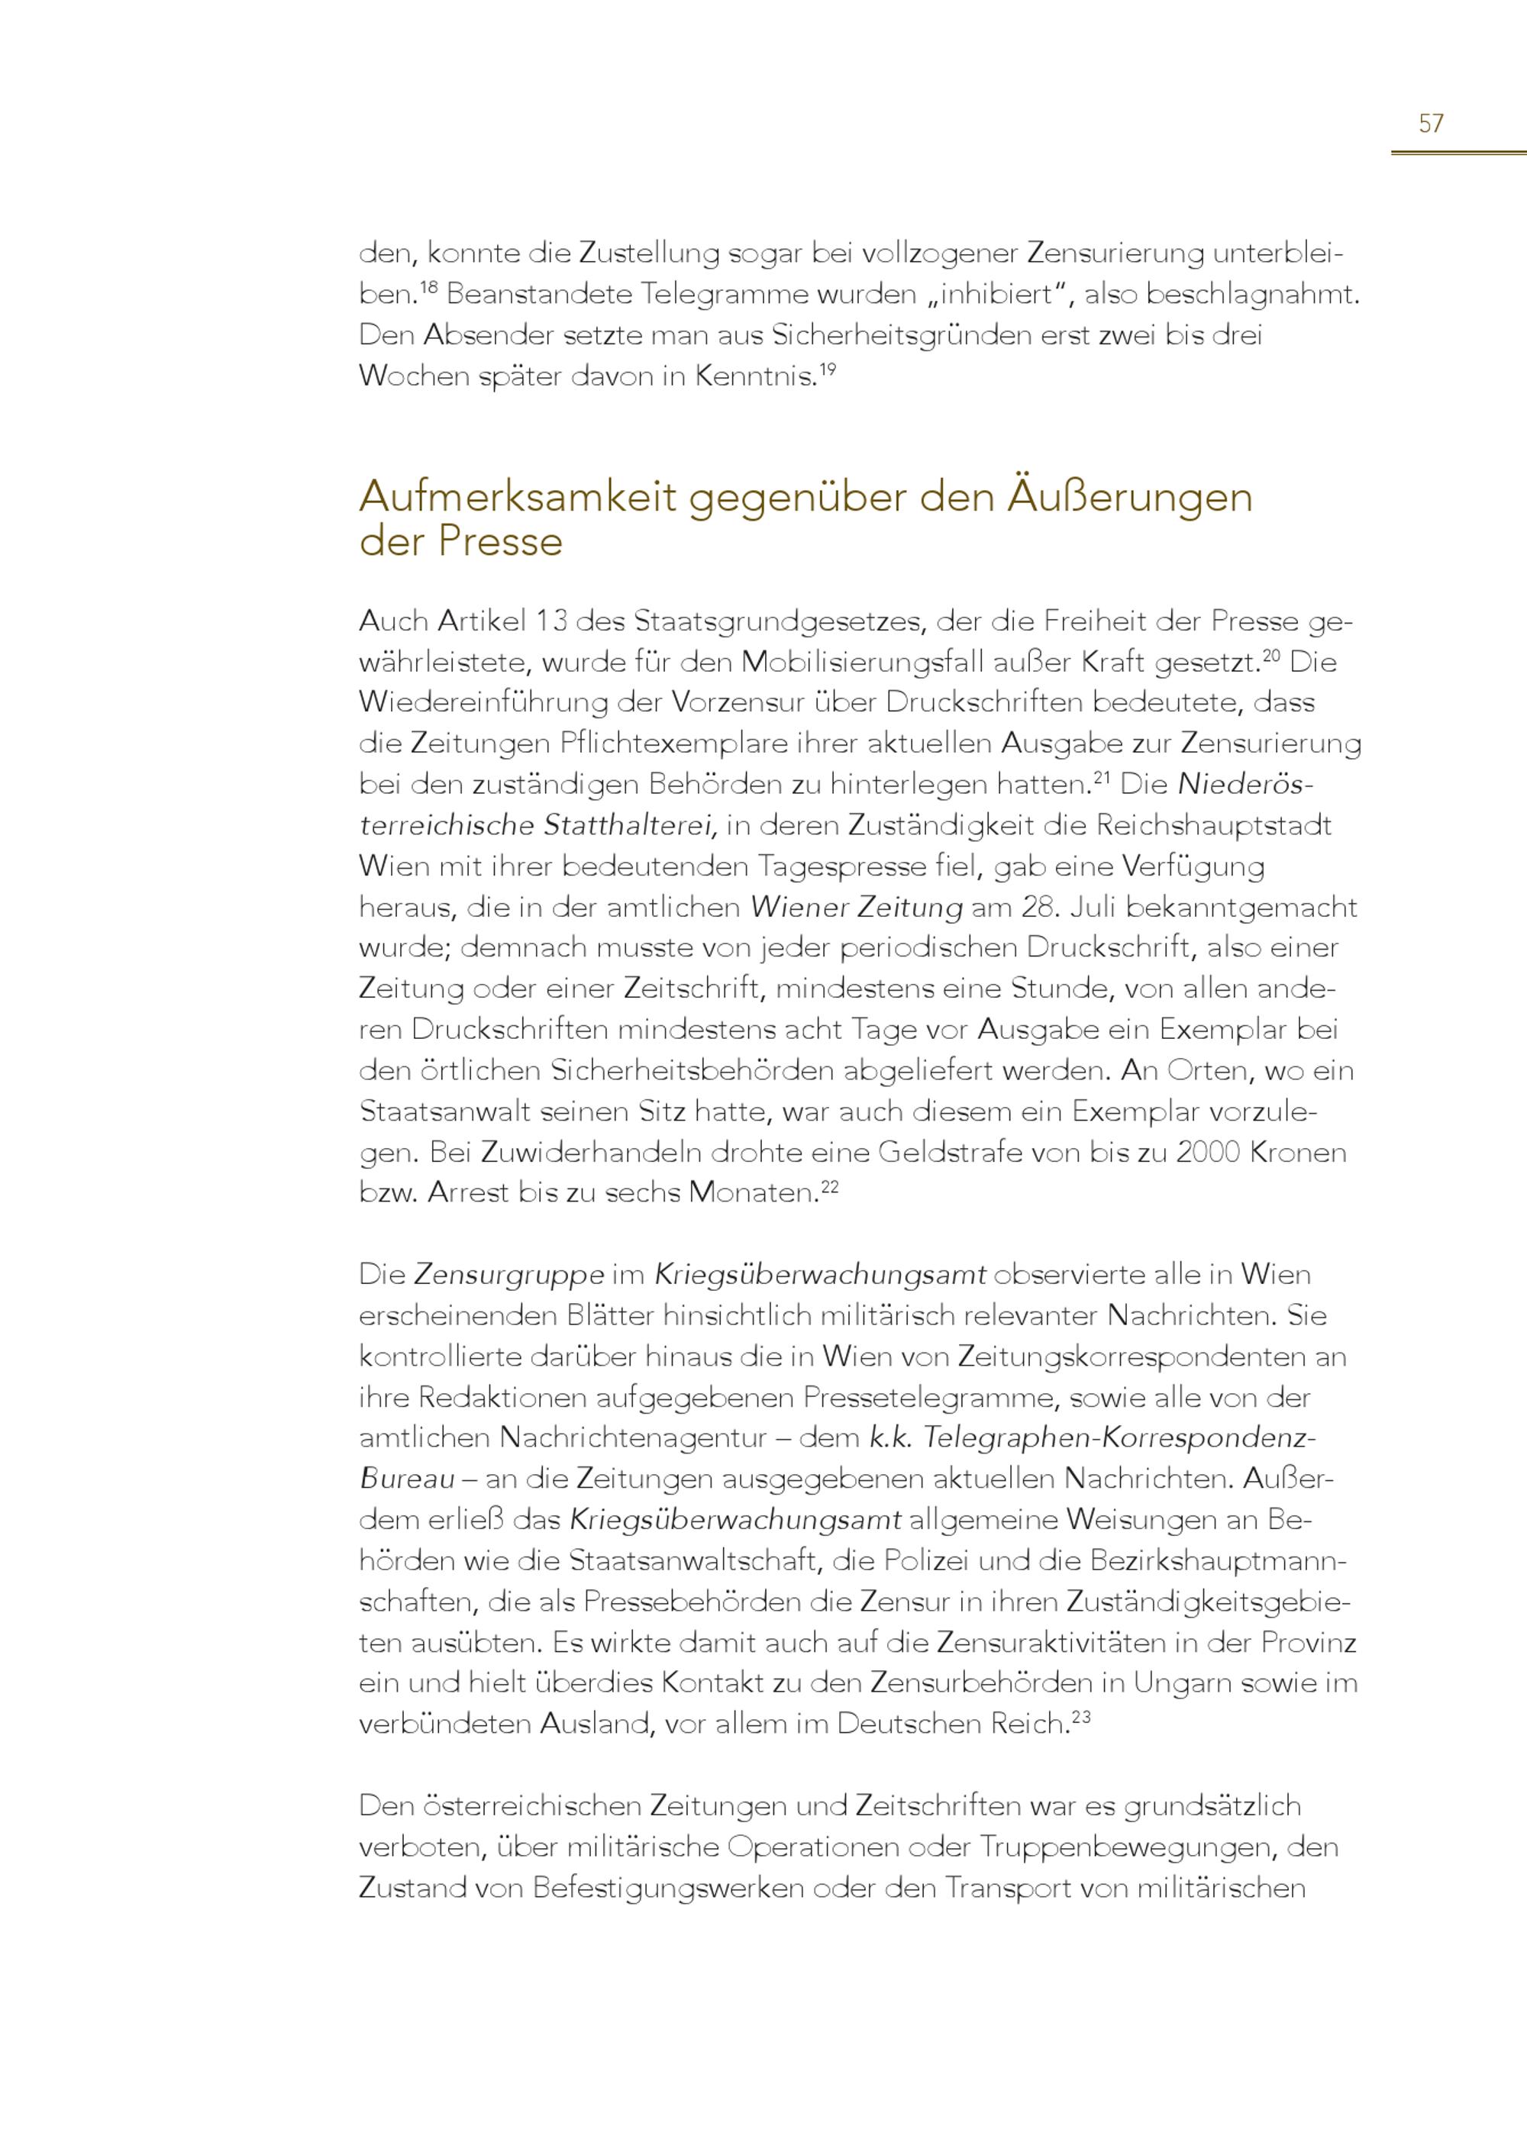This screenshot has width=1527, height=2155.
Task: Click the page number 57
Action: (x=1430, y=124)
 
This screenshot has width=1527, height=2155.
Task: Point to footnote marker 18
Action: (x=429, y=287)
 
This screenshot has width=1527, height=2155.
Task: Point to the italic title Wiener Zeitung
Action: (x=856, y=908)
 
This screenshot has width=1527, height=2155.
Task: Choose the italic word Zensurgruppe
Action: (x=508, y=1276)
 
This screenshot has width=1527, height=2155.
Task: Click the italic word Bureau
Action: (x=407, y=1479)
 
